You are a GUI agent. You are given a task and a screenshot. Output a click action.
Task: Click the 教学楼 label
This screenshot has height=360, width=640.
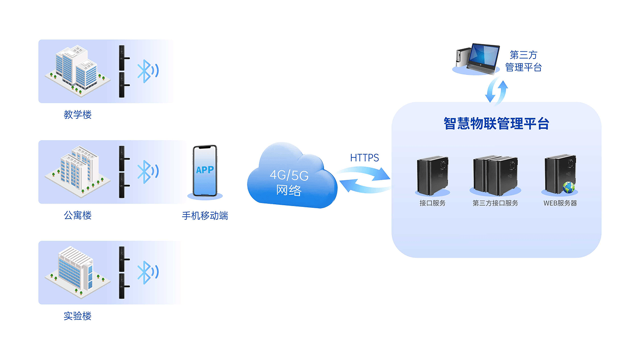[x=78, y=115]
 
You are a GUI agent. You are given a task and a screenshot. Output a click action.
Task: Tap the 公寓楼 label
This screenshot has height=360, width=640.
[x=78, y=215]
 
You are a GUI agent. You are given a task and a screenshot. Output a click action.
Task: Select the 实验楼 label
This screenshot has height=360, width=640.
[x=78, y=316]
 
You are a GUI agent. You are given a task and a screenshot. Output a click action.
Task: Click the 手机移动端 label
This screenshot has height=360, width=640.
[x=205, y=216]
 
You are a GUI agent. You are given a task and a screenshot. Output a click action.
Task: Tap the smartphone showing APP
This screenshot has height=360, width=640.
[x=205, y=171]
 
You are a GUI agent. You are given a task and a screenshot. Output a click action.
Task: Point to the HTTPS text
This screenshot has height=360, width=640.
[x=364, y=158]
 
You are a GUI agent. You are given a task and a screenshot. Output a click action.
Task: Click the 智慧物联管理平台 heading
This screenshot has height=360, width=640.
[x=496, y=124]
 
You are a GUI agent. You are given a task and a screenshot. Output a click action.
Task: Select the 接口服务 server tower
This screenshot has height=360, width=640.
[x=432, y=175]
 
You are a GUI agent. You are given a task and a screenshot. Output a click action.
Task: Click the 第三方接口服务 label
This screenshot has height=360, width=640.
[x=495, y=203]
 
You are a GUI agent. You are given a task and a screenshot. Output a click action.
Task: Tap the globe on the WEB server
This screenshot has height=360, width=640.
[x=568, y=188]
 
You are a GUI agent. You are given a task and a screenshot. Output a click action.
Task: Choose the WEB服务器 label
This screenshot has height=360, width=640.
[x=560, y=203]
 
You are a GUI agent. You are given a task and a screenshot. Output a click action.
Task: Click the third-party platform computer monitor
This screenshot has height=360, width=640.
[x=484, y=56]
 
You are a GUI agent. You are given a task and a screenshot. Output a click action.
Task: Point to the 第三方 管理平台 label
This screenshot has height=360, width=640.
[x=523, y=61]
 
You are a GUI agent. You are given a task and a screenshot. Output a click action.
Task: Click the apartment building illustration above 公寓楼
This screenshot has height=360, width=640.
[x=78, y=170]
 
